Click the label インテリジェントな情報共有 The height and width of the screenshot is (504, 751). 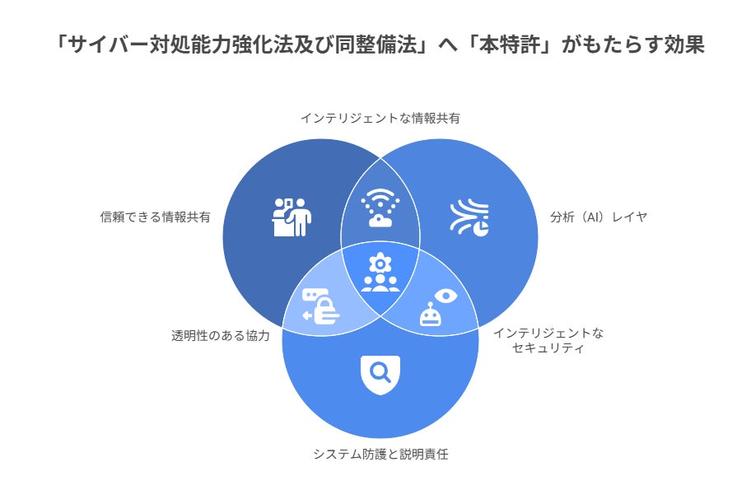[x=380, y=118]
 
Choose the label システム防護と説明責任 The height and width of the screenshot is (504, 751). [x=380, y=454]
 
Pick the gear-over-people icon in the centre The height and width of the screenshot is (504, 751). [x=380, y=273]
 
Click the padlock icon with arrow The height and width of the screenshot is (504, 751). [x=320, y=307]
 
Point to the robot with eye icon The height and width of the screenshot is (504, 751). [x=437, y=306]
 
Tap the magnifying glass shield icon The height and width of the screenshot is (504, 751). [x=380, y=375]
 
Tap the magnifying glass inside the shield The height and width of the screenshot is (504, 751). [x=380, y=372]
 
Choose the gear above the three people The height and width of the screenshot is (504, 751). [x=380, y=263]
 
